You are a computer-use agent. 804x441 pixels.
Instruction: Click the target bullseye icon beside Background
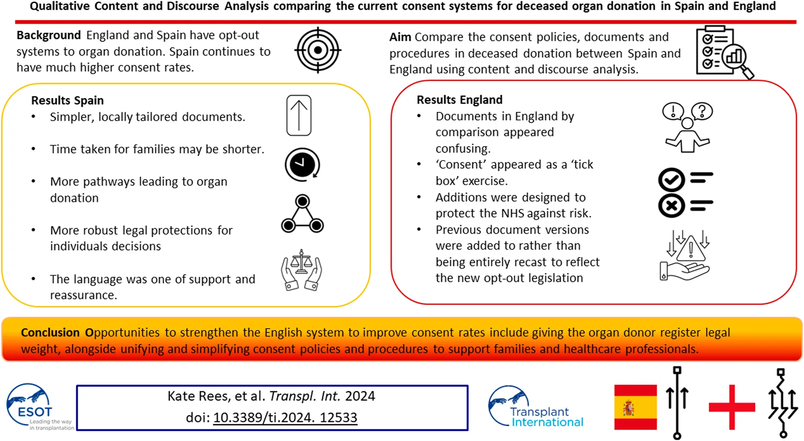[x=318, y=50]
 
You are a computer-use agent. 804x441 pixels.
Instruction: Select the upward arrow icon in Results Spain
[x=299, y=115]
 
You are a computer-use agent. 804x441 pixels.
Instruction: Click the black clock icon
[x=302, y=164]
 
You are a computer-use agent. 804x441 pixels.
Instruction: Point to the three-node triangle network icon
[x=302, y=214]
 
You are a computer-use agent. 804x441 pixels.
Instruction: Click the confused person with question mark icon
[x=687, y=127]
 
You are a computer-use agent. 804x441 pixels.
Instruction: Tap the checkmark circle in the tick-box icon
[x=672, y=180]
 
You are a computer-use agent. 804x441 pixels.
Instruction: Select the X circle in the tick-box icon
[x=672, y=206]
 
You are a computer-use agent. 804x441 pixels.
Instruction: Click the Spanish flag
[x=635, y=407]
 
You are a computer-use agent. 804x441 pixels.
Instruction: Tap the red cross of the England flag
[x=731, y=407]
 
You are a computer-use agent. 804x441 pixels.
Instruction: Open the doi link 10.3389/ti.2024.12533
[x=285, y=417]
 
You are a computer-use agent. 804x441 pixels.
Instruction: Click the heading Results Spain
[x=67, y=100]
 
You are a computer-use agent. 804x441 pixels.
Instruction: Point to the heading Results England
[x=459, y=100]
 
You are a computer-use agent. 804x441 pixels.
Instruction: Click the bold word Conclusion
[x=50, y=333]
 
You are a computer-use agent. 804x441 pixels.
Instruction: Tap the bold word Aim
[x=400, y=37]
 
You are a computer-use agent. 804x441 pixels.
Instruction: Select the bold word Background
[x=49, y=35]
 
